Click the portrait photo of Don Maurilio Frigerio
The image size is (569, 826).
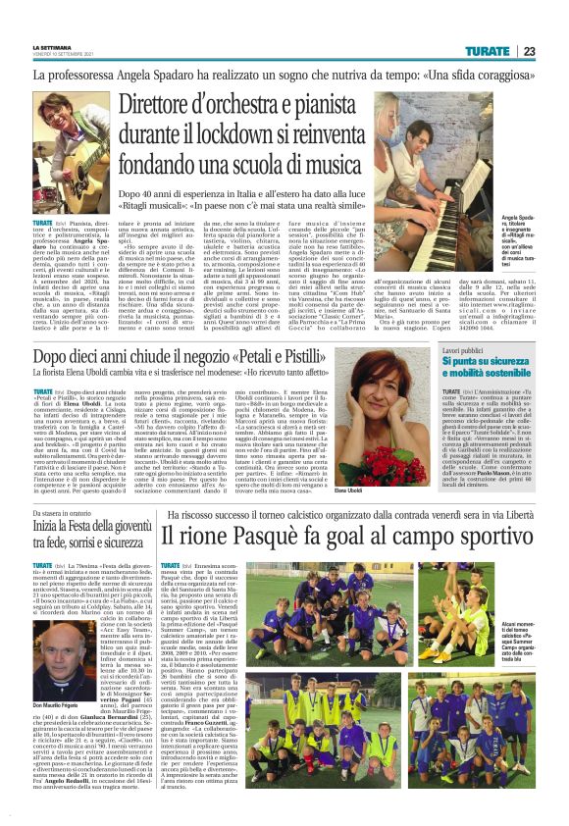pos(59,637)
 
